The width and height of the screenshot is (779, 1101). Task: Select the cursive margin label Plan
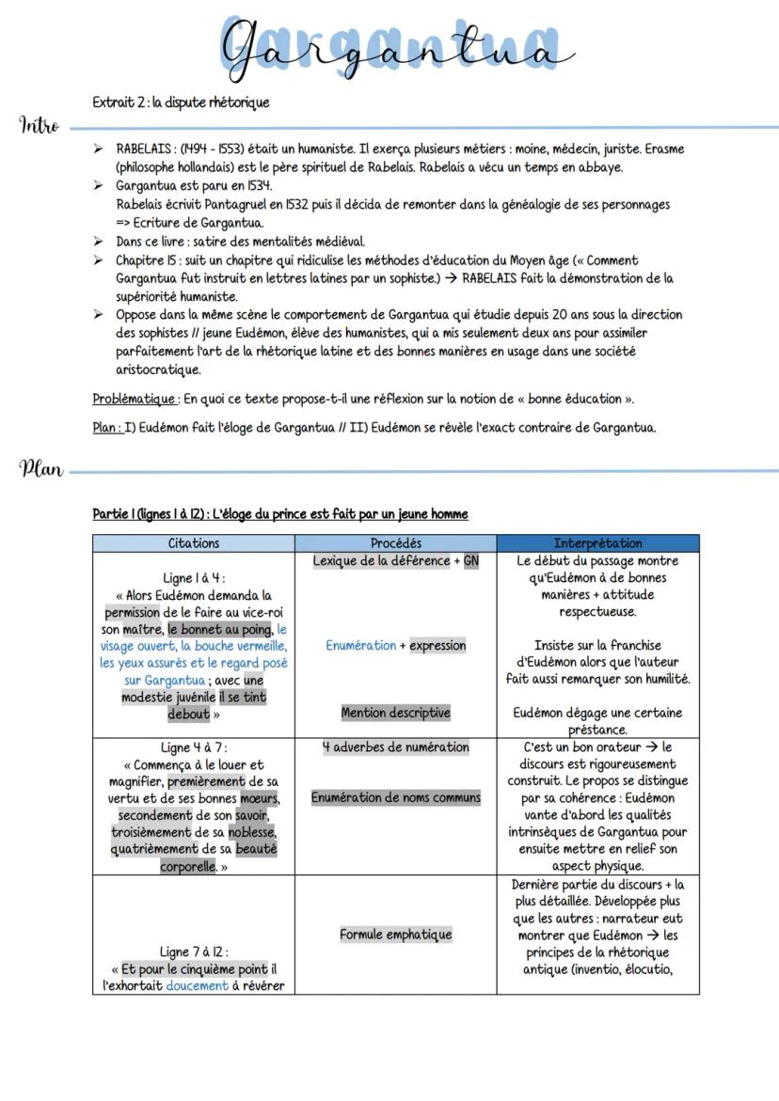[x=40, y=468]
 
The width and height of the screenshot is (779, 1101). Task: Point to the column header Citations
[x=193, y=543]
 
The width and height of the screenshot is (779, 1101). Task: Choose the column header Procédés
[x=395, y=543]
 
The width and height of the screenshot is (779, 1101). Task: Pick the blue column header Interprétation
[x=597, y=543]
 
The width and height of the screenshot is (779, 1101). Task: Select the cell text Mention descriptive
[x=395, y=713]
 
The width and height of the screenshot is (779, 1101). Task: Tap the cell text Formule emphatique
[x=395, y=935]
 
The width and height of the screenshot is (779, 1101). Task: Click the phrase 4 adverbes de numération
[x=395, y=747]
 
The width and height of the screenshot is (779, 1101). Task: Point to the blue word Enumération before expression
[x=360, y=646]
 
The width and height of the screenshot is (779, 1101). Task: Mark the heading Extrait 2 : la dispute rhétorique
[x=182, y=102]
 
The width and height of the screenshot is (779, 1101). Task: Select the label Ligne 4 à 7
[x=193, y=748]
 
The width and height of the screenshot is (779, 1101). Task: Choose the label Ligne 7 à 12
[x=193, y=952]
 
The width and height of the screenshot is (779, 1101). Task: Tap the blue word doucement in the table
[x=197, y=986]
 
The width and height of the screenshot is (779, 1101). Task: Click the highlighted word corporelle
[x=189, y=866]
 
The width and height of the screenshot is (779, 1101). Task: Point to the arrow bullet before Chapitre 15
[x=98, y=260]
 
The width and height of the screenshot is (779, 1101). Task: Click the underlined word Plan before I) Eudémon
[x=105, y=428]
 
